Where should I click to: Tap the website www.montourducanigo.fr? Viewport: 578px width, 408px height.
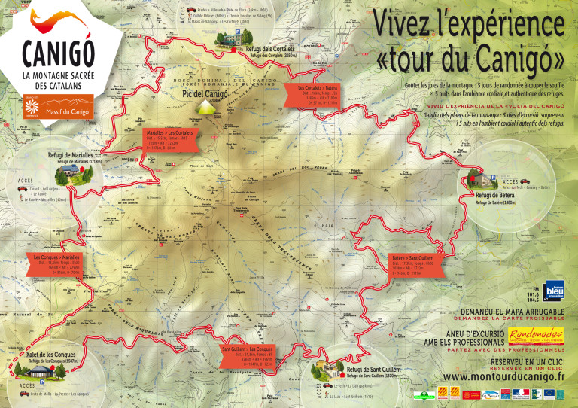[500, 376]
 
